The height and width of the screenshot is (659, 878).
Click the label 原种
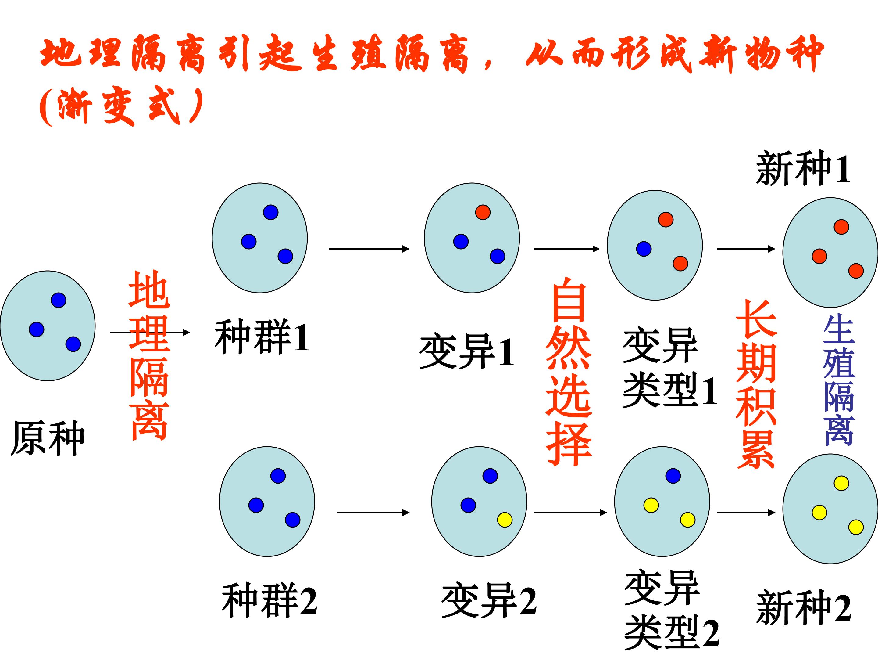tap(48, 438)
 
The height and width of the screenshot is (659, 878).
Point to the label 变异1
tap(467, 351)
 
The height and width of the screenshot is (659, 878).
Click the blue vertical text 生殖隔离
tap(839, 380)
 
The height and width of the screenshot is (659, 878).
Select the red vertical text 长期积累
tap(756, 384)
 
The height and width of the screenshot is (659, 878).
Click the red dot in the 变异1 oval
tap(483, 212)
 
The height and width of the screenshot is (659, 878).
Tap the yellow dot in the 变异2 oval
tap(505, 520)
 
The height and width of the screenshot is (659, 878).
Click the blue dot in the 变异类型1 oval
tap(644, 249)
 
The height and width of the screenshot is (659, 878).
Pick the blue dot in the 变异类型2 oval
tap(673, 475)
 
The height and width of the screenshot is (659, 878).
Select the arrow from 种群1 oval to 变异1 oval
tap(369, 249)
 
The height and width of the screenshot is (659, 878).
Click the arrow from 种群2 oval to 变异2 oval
tap(373, 513)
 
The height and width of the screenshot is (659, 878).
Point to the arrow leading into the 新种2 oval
tap(746, 513)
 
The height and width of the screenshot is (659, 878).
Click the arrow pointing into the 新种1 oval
tap(746, 249)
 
